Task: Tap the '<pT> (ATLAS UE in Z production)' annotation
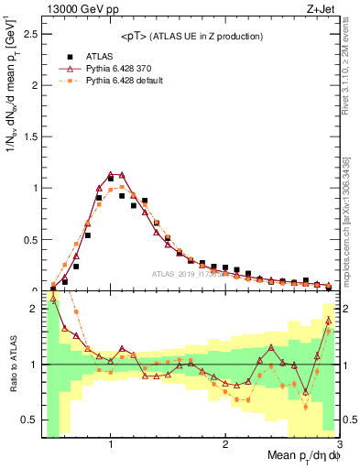pos(191,36)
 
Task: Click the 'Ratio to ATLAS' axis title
pos(12,365)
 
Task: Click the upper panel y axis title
pos(12,147)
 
